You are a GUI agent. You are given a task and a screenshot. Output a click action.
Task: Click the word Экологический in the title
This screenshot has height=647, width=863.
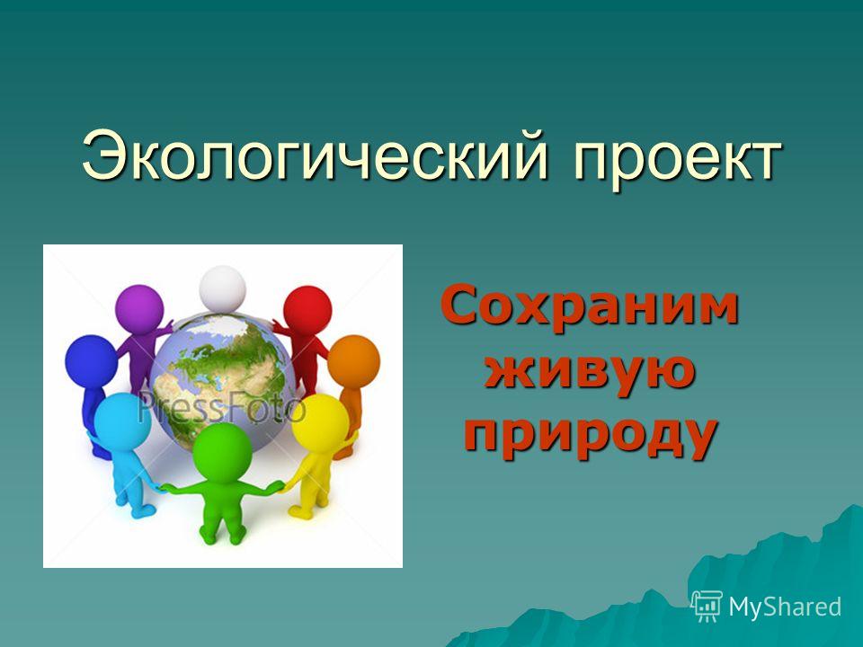316,155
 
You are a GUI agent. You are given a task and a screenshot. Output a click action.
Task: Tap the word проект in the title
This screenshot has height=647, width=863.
677,160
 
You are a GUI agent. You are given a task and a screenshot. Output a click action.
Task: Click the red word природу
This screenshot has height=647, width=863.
592,435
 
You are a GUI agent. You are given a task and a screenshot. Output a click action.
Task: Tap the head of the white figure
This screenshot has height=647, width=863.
222,289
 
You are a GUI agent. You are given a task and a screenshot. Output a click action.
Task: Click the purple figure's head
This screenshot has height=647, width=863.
139,308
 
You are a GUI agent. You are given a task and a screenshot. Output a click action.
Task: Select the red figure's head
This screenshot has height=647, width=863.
307,310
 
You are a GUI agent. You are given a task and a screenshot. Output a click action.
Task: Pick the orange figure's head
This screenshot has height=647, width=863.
353,362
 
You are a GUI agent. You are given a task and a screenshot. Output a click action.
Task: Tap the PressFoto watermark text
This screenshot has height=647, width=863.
221,408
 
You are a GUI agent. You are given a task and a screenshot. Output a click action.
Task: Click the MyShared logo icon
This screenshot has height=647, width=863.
707,606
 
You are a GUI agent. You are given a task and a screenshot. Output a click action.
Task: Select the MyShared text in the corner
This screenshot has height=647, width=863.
785,607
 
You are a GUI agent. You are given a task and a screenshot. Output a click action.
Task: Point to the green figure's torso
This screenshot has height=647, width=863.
222,501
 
